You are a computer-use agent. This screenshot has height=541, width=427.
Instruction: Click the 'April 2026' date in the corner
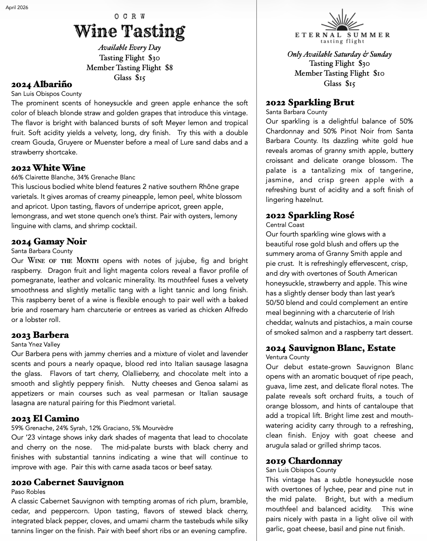[x=17, y=8]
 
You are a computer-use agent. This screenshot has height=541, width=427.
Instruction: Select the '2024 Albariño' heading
[x=42, y=84]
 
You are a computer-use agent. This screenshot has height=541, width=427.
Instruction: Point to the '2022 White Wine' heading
[x=48, y=168]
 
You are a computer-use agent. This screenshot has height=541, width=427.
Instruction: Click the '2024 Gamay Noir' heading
[x=49, y=242]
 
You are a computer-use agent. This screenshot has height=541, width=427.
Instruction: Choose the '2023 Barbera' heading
[x=40, y=335]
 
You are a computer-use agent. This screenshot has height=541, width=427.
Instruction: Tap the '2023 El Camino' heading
[x=45, y=419]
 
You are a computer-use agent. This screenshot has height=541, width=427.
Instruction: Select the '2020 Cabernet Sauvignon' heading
[x=67, y=482]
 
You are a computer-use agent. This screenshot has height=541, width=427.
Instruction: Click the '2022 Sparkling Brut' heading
[x=310, y=103]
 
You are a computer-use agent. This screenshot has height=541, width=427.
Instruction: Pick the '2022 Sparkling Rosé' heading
[x=310, y=215]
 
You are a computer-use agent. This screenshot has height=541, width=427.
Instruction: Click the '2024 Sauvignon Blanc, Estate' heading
[x=330, y=348]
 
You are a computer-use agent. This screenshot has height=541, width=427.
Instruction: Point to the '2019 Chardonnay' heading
[x=304, y=461]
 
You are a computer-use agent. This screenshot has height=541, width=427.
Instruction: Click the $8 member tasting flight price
[x=169, y=68]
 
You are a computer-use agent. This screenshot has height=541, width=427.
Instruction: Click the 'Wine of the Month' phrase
[x=63, y=261]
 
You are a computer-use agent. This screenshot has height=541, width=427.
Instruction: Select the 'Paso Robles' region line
[x=28, y=492]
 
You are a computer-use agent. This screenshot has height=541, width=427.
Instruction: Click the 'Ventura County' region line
[x=288, y=357]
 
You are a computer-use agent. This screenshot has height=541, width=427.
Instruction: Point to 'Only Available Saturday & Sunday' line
[x=339, y=54]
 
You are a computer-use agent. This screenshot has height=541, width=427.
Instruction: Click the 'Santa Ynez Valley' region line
[x=36, y=345]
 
